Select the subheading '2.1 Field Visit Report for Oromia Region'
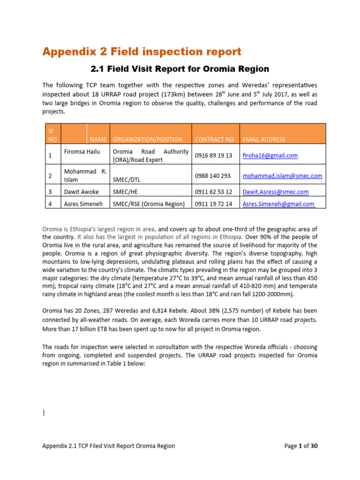180,69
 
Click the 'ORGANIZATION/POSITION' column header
148,139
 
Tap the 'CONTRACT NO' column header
214,139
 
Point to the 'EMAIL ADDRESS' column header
263,139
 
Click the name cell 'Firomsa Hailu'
82,152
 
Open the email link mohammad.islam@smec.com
282,176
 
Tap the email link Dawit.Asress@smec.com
275,192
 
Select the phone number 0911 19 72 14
213,204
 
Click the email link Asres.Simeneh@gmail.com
278,204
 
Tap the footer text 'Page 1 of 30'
301,446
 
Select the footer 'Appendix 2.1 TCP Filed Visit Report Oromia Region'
108,446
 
